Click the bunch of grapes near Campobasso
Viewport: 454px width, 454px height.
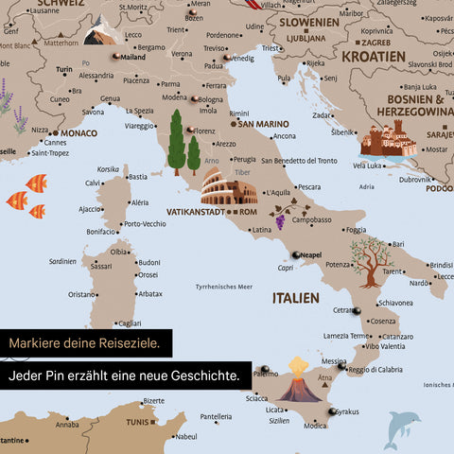tap(280, 221)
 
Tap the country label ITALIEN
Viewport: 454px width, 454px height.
tap(296, 298)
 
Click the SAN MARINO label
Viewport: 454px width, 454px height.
tap(263, 123)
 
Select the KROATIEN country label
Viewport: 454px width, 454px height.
tap(373, 56)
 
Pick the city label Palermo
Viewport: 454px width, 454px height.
tap(265, 375)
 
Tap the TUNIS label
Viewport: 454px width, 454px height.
tap(138, 422)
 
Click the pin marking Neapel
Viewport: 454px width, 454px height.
tap(295, 253)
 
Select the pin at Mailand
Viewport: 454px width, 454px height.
tap(115, 57)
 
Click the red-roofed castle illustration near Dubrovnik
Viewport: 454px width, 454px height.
tap(389, 141)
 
